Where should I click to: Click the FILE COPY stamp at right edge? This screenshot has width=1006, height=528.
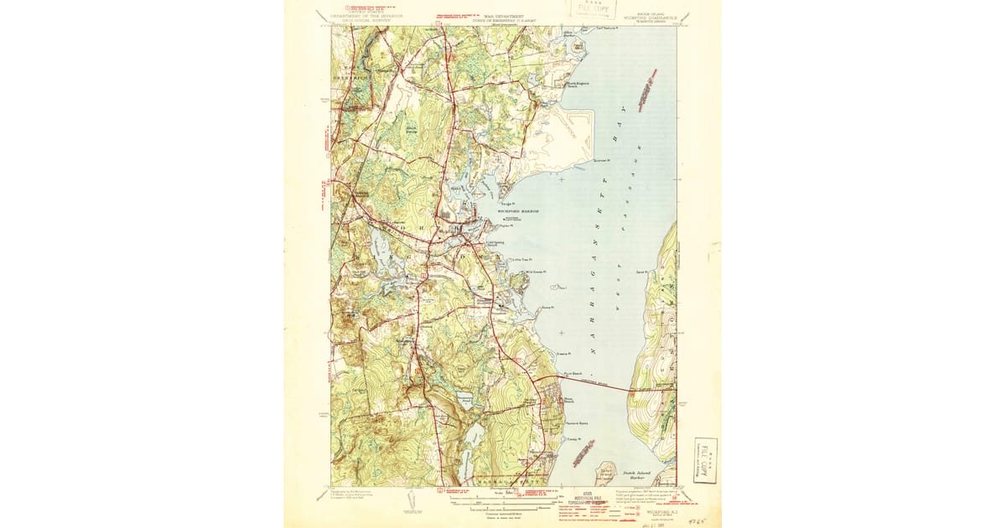click(x=705, y=460)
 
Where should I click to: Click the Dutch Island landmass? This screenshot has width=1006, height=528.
click(x=605, y=474)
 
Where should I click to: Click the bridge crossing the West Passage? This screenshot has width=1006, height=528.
click(x=604, y=385)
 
